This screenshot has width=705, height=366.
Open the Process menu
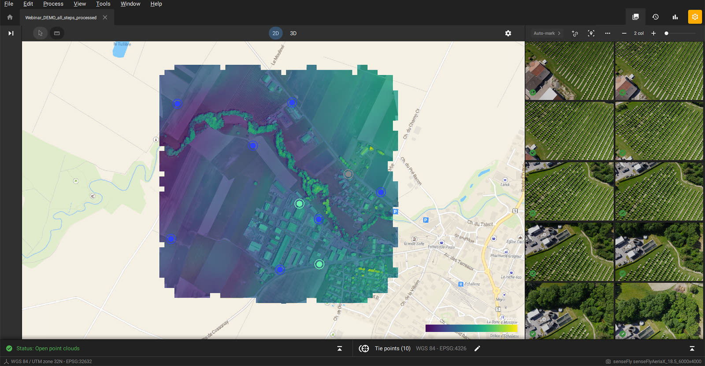tap(53, 4)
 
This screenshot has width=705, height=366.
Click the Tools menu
tap(103, 4)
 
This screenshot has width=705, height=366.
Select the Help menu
tap(156, 4)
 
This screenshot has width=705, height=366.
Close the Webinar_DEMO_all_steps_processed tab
tap(105, 18)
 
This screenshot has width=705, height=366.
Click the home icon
tap(10, 17)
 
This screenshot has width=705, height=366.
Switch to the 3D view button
tap(293, 33)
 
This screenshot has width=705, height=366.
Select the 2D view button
tap(275, 33)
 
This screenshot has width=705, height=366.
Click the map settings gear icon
tap(508, 33)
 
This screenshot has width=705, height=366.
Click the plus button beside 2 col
tap(653, 33)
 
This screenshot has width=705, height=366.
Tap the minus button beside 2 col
tap(624, 33)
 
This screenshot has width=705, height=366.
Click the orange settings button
tap(695, 17)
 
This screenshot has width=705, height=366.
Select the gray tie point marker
tap(348, 174)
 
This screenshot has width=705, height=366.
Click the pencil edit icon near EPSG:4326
tap(477, 348)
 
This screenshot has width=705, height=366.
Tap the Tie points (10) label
tap(392, 348)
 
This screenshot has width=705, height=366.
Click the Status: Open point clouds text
tap(48, 348)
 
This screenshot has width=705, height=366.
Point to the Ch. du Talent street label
tap(480, 224)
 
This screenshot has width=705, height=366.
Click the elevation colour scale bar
tap(471, 328)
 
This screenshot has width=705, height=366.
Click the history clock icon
tap(655, 17)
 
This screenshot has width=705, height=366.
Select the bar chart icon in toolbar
tap(675, 17)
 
